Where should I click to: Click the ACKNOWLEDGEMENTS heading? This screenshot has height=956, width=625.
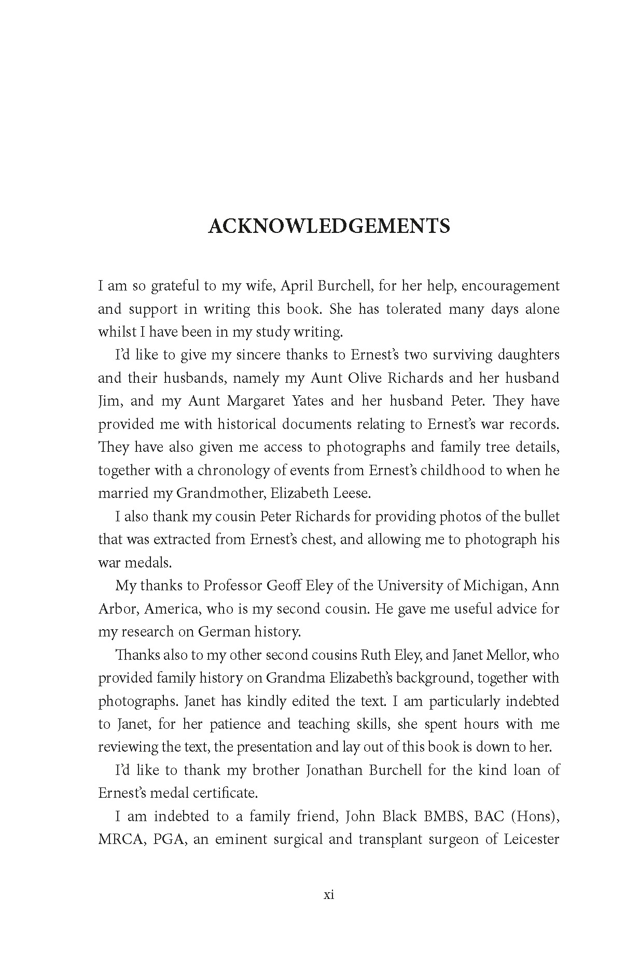pos(329,227)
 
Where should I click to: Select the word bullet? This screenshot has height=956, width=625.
pos(542,517)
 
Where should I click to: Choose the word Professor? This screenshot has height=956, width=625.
pos(232,586)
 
